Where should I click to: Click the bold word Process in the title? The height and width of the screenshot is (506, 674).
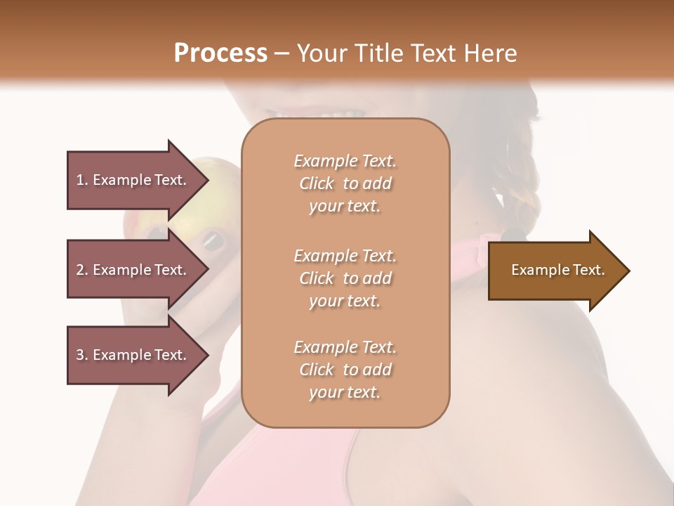pyautogui.click(x=220, y=53)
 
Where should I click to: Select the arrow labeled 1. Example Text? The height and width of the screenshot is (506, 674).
pyautogui.click(x=133, y=180)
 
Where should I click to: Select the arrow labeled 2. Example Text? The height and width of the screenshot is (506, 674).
pyautogui.click(x=133, y=270)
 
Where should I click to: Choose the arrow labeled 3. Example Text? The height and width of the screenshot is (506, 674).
pyautogui.click(x=133, y=355)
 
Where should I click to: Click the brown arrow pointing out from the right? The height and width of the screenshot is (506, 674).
pyautogui.click(x=555, y=270)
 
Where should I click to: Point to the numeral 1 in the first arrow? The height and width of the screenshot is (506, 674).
pyautogui.click(x=79, y=180)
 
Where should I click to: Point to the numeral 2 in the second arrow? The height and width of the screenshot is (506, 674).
pyautogui.click(x=80, y=270)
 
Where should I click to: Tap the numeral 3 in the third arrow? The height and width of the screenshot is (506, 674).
pyautogui.click(x=80, y=355)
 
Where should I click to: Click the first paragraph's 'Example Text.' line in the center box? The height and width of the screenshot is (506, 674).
pyautogui.click(x=345, y=162)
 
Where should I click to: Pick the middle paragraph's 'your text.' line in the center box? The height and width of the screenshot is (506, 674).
pyautogui.click(x=345, y=301)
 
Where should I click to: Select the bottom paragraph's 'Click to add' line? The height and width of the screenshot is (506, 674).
pyautogui.click(x=345, y=370)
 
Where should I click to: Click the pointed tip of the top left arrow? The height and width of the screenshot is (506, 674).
pyautogui.click(x=207, y=181)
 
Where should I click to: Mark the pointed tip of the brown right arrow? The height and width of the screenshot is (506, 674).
pyautogui.click(x=628, y=271)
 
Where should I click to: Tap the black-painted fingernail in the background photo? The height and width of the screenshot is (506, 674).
pyautogui.click(x=213, y=241)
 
